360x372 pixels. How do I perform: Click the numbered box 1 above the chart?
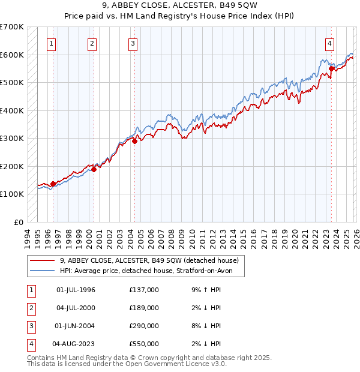(52, 43)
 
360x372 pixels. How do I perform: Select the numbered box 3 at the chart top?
(133, 43)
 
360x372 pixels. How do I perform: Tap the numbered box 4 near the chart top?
(330, 43)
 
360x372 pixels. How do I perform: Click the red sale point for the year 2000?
(94, 169)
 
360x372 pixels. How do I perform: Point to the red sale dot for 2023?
(331, 69)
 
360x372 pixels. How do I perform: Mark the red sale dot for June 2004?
(134, 142)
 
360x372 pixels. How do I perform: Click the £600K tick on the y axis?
(12, 55)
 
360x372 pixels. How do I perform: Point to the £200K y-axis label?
(12, 166)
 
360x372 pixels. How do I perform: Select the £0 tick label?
(19, 222)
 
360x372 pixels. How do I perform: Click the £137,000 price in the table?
(143, 290)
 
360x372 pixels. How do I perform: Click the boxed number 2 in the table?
(31, 308)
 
